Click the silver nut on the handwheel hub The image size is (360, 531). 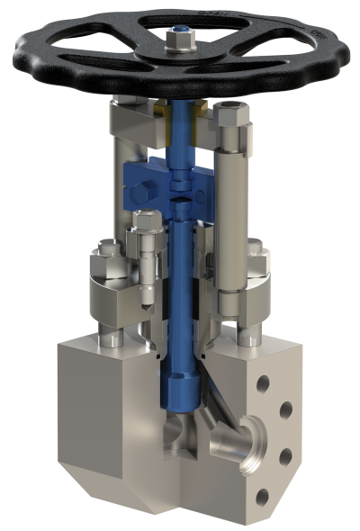click(x=178, y=42)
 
